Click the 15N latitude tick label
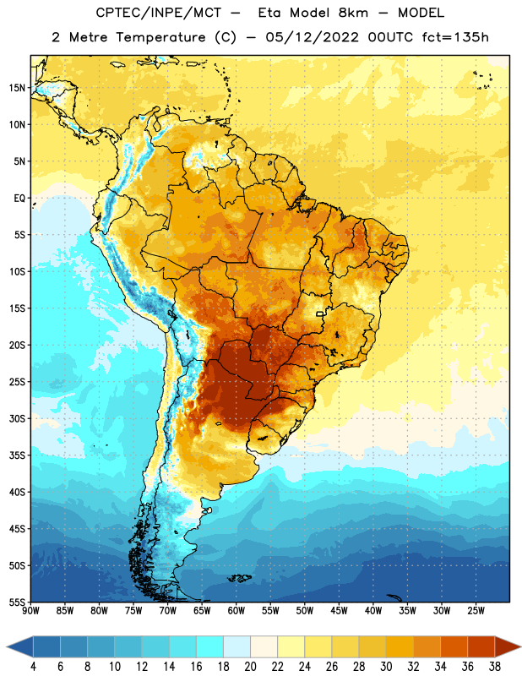coord(17,88)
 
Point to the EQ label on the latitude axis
coord(19,199)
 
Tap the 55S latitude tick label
coord(17,602)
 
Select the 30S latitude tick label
coord(17,418)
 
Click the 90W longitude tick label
coord(30,611)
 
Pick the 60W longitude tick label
coord(237,611)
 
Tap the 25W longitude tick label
coord(476,611)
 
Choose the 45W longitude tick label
coord(339,611)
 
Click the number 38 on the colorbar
coord(495,667)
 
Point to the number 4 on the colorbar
coord(33,667)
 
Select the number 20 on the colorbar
coord(250,667)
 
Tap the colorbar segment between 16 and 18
coord(210,647)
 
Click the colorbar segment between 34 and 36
coord(454,647)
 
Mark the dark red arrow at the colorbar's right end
coord(507,647)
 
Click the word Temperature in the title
coord(160,37)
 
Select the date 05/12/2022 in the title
coord(312,37)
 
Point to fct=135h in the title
coord(455,37)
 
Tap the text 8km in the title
coord(353,13)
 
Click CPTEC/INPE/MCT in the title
coord(158,13)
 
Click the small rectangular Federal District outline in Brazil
coord(320,314)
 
